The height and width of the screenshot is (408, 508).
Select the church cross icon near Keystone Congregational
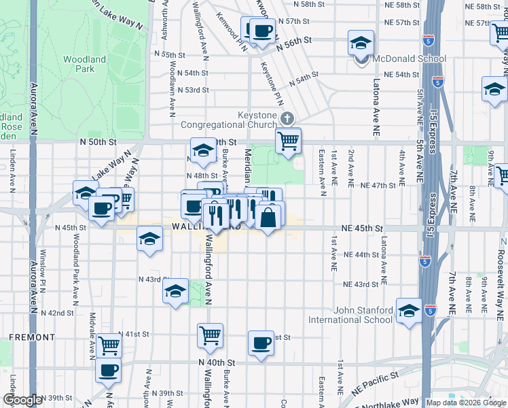click(x=287, y=120)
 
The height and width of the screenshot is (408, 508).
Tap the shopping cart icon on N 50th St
click(x=289, y=141)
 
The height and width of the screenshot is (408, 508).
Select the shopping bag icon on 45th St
click(x=268, y=218)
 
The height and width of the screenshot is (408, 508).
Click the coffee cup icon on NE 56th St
click(x=261, y=31)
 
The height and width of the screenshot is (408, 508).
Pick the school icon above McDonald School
click(x=361, y=44)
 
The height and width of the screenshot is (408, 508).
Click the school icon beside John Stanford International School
click(x=409, y=311)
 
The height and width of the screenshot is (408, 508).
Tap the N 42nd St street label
click(x=56, y=313)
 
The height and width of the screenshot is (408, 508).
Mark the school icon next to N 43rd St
click(x=176, y=292)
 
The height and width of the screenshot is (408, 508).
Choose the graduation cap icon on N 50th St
click(x=202, y=152)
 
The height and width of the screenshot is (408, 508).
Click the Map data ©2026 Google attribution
click(x=465, y=403)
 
